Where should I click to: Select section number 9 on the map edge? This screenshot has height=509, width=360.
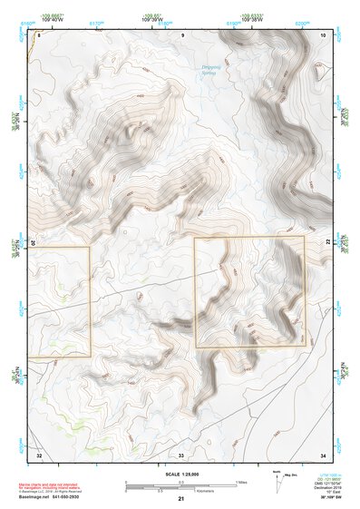tap(182, 34)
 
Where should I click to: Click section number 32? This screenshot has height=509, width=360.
tap(39, 454)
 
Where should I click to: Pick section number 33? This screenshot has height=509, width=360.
tap(181, 454)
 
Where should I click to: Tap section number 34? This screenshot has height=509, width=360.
tap(323, 454)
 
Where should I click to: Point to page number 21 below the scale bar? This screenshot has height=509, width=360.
tap(181, 499)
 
